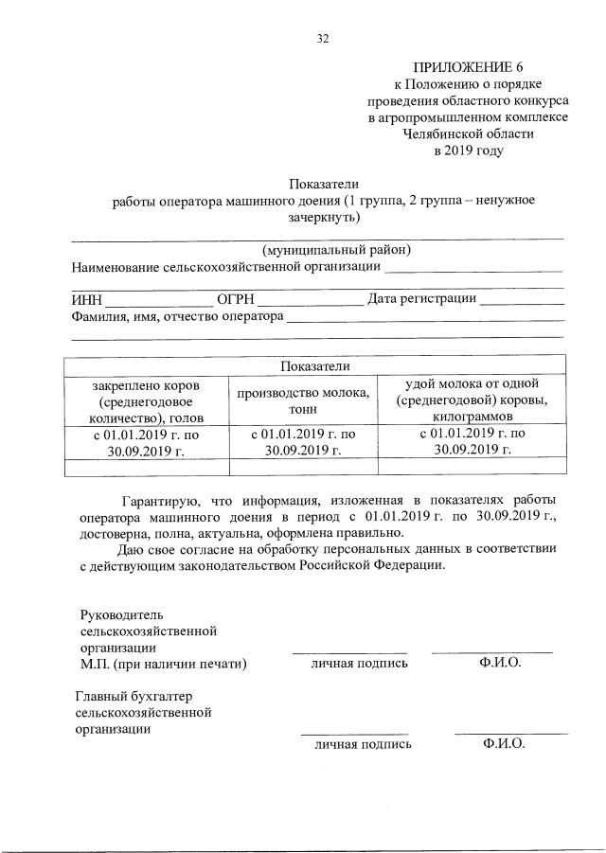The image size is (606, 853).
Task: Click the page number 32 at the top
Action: point(322,38)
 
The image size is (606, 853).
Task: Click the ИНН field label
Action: point(86,300)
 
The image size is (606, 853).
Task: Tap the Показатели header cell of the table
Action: point(315,365)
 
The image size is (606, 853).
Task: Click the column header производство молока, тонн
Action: point(302,400)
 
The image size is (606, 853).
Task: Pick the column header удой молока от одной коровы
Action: point(472,400)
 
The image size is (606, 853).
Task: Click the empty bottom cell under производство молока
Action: point(302,465)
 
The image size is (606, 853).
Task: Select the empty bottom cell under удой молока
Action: point(472,465)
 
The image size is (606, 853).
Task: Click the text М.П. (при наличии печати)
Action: point(163,664)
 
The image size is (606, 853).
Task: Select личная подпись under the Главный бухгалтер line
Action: point(364,744)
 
